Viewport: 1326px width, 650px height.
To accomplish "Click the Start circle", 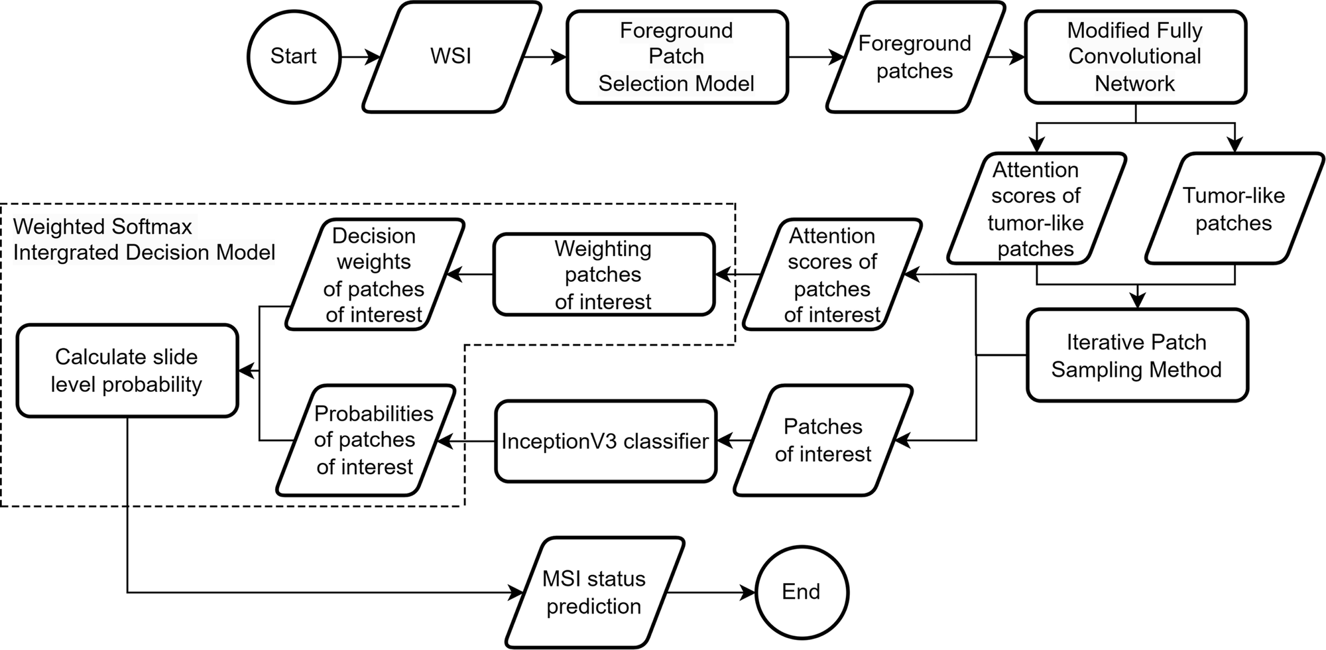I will (293, 56).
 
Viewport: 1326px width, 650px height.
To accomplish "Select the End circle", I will (802, 592).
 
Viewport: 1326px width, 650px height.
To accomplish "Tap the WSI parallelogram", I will (451, 56).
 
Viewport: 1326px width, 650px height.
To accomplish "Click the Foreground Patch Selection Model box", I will (676, 56).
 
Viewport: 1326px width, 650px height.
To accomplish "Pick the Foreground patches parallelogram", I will (914, 56).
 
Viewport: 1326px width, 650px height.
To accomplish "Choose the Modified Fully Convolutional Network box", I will (1135, 56).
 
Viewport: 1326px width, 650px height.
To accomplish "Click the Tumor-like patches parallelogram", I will (1234, 209).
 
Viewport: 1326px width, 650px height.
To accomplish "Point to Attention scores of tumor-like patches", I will (1036, 209).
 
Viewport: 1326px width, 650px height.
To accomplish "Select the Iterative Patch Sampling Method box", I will (1136, 356).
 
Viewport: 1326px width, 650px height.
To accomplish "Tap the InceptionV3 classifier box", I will (605, 441).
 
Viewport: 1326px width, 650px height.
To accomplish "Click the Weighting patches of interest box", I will (603, 275).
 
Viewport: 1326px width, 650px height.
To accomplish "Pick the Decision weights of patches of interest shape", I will (374, 275).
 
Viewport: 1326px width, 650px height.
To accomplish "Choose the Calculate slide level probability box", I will (127, 371).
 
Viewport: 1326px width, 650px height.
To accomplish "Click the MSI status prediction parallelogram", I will (594, 592).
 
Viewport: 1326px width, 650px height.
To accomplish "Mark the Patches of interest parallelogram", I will (823, 440).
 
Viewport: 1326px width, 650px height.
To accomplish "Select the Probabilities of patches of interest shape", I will (365, 440).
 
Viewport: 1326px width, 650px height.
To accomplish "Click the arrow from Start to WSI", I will (359, 57).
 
